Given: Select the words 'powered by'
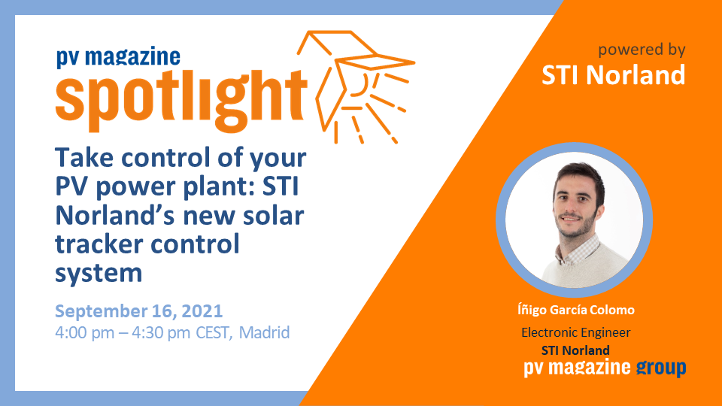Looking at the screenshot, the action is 642,50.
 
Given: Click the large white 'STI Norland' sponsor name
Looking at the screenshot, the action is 614,75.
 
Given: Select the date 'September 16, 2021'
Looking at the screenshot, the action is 139,311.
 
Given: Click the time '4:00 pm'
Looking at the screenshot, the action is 85,332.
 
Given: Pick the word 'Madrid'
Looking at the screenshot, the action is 264,332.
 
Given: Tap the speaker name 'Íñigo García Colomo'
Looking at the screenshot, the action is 576,311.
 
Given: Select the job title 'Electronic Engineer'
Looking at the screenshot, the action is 575,332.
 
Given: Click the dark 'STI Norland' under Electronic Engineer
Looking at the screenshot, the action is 575,350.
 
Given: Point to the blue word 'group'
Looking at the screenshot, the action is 661,368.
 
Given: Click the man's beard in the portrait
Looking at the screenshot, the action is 577,226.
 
